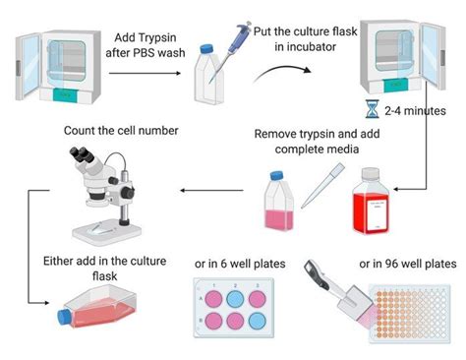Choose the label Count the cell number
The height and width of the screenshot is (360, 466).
click(106, 130)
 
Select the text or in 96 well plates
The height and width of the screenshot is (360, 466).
click(407, 264)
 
